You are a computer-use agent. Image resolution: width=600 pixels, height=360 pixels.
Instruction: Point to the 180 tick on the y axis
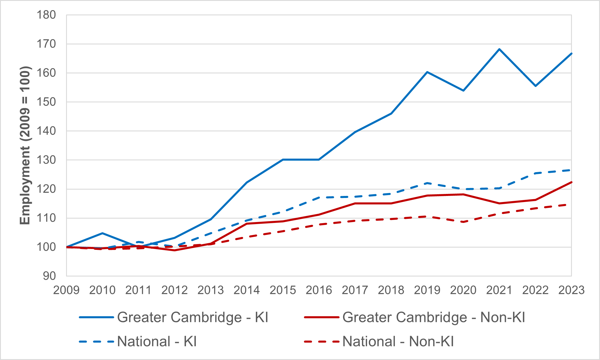point(46,15)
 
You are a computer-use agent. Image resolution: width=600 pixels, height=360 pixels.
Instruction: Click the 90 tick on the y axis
point(49,276)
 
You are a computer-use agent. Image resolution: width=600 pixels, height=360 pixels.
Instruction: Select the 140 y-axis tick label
point(46,131)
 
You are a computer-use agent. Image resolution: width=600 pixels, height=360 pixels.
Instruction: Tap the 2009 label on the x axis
point(66,290)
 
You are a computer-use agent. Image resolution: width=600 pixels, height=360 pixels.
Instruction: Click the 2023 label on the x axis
point(571,290)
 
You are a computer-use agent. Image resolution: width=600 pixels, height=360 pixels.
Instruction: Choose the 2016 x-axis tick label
point(319,290)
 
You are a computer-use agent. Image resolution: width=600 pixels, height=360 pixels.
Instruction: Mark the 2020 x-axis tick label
point(463,290)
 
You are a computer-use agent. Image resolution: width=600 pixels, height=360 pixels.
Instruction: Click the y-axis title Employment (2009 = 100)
point(25,146)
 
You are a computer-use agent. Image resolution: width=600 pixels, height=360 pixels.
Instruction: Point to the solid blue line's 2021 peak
point(499,49)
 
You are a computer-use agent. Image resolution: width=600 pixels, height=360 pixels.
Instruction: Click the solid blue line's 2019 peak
point(427,72)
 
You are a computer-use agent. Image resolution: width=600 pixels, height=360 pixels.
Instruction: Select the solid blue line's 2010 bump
point(102,233)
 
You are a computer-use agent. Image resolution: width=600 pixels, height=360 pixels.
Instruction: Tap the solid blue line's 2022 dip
point(535,86)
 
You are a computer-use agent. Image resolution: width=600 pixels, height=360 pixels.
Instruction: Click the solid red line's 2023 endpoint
point(571,182)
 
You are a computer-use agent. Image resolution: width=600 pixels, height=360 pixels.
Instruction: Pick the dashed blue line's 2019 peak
point(427,183)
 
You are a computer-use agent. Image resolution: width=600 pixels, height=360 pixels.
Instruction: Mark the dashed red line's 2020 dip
point(463,222)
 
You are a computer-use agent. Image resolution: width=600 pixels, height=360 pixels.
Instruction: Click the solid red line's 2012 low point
point(175,250)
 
